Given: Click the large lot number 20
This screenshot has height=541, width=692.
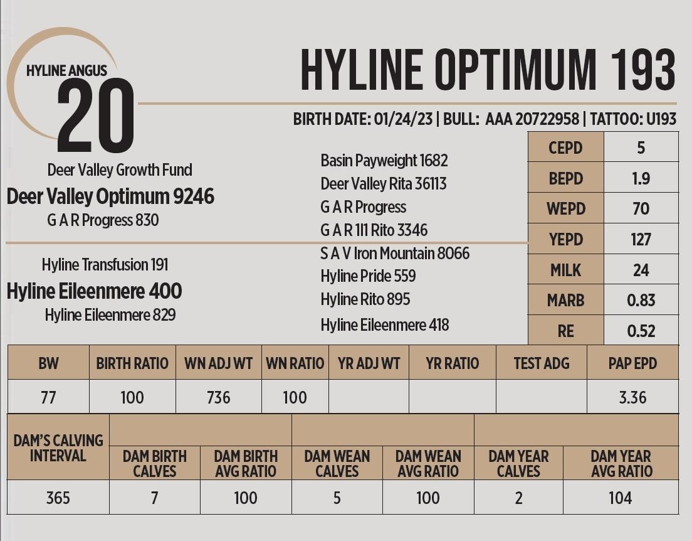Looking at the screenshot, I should click(95, 117).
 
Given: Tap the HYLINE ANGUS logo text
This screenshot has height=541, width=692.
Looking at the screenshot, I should click(67, 71).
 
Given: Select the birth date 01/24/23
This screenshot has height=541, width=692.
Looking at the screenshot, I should click(403, 119).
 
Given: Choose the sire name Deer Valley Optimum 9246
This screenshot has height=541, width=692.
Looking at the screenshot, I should click(110, 196).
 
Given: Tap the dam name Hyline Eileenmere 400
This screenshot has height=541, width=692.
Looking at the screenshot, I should click(94, 291).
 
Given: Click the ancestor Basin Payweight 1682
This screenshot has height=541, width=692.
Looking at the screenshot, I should click(384, 161).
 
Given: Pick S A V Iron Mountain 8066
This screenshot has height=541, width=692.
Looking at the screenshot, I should click(395, 254).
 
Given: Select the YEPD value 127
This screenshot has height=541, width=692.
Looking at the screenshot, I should click(641, 239).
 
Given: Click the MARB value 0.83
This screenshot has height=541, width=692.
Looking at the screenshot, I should click(641, 300).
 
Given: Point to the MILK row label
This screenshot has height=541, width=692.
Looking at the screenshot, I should click(565, 270).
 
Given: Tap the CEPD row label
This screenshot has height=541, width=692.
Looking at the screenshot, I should click(565, 148).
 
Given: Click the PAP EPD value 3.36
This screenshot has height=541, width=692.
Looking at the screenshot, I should click(632, 397).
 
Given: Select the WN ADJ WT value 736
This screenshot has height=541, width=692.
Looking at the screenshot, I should click(218, 397).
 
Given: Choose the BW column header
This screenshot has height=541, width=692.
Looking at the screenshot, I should click(48, 363).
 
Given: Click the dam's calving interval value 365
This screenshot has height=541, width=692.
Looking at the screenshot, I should click(58, 498).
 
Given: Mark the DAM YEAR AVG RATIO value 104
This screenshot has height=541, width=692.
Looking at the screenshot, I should click(620, 498).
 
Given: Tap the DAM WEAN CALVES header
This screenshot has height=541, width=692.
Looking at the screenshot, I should click(337, 464).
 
